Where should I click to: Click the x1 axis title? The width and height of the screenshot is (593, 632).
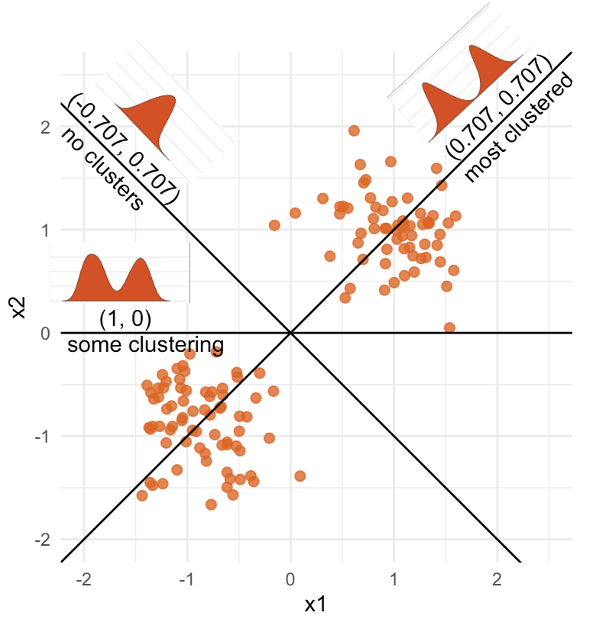(x=316, y=605)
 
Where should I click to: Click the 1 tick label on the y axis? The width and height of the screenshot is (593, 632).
(x=45, y=230)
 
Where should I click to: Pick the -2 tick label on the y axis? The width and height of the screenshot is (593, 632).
(x=42, y=540)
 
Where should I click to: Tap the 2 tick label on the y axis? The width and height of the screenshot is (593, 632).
(x=45, y=127)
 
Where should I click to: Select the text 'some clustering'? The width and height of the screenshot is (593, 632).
(x=145, y=344)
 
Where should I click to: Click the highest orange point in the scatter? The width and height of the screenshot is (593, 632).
(x=354, y=131)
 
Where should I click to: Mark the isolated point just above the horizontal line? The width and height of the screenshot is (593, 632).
(x=449, y=327)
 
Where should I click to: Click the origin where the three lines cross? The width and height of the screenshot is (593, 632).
(x=290, y=333)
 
